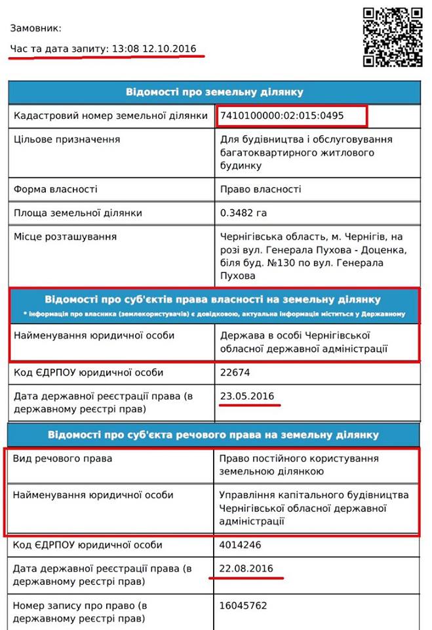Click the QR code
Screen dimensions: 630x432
393,37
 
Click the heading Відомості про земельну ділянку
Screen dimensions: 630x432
214,91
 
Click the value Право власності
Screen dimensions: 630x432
261,189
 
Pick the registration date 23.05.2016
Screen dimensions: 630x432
247,396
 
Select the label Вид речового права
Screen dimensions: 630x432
62,459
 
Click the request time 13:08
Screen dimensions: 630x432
125,49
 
